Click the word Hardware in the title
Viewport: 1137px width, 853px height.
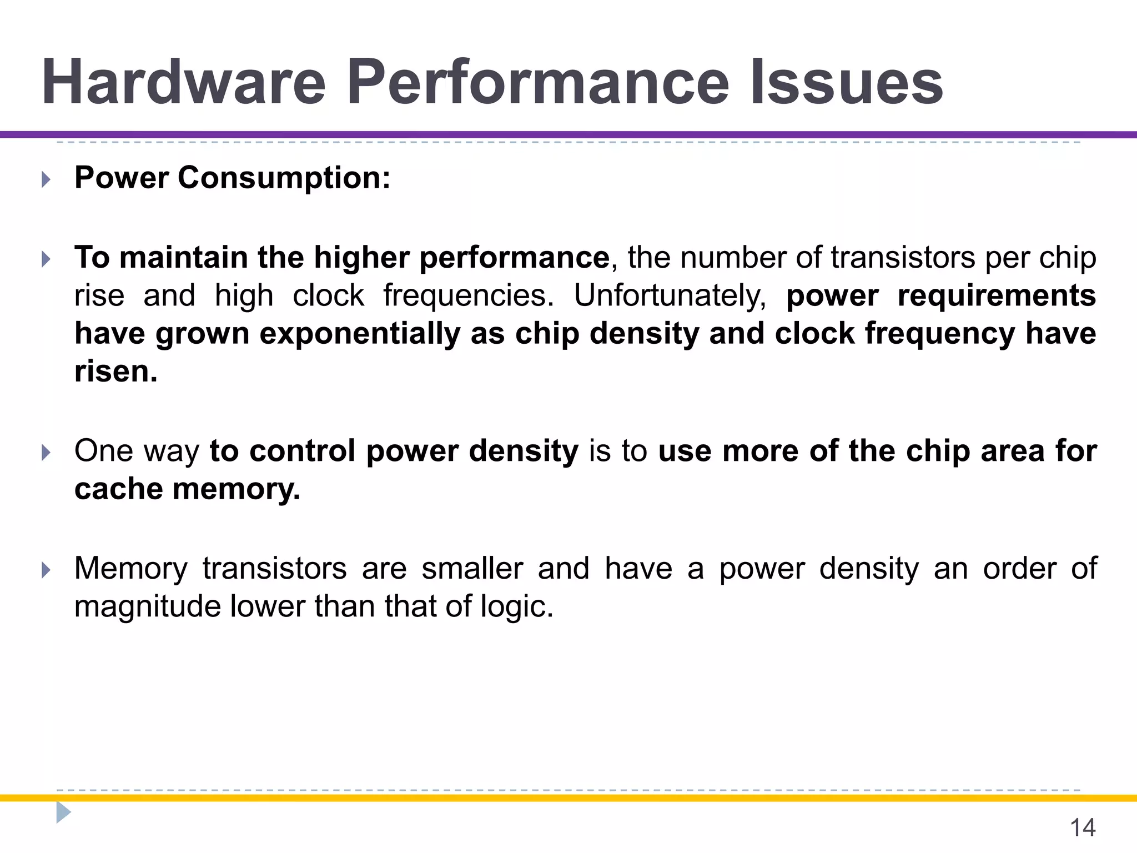(x=183, y=82)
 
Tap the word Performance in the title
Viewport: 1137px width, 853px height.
(x=537, y=82)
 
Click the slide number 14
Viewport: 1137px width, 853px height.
(x=1082, y=827)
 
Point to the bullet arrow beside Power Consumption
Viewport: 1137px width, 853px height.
(x=46, y=179)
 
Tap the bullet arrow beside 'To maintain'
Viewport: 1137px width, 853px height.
(x=46, y=259)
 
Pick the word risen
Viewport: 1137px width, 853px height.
(x=115, y=372)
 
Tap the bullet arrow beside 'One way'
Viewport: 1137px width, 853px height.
(x=46, y=453)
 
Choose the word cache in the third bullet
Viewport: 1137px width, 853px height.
(x=118, y=489)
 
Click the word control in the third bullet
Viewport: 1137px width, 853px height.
(x=303, y=451)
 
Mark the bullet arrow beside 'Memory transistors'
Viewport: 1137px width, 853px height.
(x=46, y=570)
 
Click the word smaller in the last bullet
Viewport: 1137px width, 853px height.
(x=472, y=569)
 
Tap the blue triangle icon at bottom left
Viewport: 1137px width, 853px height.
(x=63, y=812)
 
